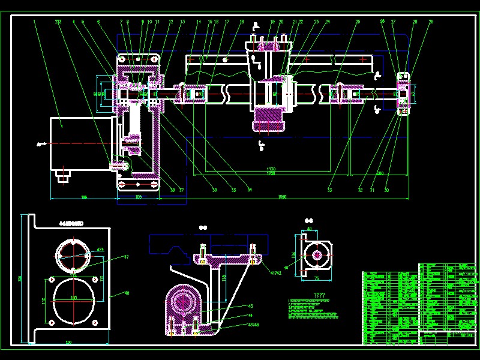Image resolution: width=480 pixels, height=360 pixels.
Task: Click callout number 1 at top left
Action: [35, 22]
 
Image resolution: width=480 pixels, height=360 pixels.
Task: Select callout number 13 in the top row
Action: [182, 22]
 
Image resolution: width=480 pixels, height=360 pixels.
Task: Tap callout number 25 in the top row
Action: [358, 22]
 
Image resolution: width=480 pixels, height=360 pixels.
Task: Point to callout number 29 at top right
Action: [430, 22]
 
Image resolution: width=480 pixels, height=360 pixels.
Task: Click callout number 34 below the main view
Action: [249, 190]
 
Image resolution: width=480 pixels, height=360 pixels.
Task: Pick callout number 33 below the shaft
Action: [329, 190]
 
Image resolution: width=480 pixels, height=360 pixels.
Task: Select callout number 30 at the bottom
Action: [388, 190]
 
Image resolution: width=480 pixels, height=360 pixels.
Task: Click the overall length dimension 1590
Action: [283, 197]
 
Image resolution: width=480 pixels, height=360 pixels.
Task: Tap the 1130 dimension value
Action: [271, 170]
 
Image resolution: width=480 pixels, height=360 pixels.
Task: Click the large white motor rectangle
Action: [82, 144]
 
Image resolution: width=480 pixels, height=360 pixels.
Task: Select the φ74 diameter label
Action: [100, 249]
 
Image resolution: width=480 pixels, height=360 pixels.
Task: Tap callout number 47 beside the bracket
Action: [127, 257]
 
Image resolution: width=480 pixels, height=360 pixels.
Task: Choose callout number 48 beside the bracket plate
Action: [127, 293]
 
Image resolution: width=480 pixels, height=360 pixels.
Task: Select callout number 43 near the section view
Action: [251, 306]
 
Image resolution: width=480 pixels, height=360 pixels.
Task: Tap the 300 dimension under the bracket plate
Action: [68, 342]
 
